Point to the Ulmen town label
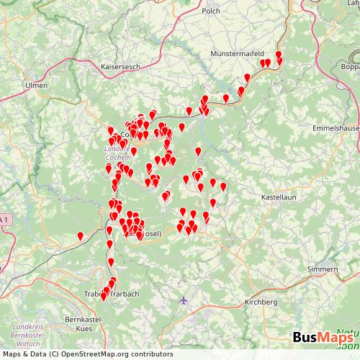36,85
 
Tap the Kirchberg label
260,302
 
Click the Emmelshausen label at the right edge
338,127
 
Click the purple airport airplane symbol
184,300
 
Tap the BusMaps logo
323,338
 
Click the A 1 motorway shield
5,219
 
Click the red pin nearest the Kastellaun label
223,186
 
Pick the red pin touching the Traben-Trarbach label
104,295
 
